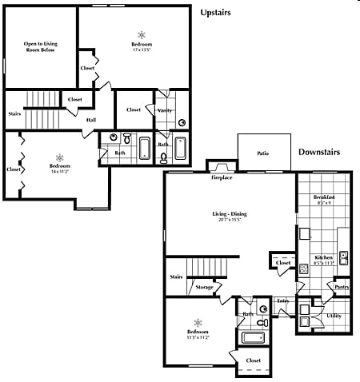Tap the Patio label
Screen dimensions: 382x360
pos(262,153)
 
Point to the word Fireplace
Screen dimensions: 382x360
pos(222,177)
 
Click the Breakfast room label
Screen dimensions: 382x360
pos(324,197)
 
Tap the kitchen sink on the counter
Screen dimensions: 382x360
pos(343,257)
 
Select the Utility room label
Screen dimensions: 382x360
pos(334,316)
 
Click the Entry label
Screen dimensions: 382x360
pos(282,301)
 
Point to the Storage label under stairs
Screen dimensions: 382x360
pos(204,287)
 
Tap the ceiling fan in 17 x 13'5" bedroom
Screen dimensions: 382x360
pos(142,35)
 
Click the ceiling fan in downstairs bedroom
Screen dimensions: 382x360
pos(198,321)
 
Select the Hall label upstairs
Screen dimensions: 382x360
pos(92,121)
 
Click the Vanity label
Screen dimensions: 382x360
pos(166,110)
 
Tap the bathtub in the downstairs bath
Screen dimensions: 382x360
pos(254,337)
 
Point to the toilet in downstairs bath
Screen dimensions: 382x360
pos(263,322)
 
